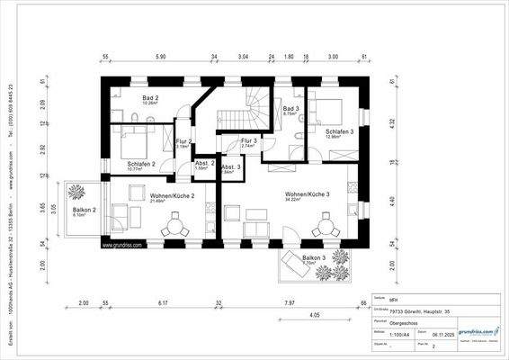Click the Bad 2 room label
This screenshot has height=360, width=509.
(150, 98)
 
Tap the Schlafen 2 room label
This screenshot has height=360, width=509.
(141, 164)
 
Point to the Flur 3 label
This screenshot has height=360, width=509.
(249, 141)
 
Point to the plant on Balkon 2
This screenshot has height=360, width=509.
(75, 190)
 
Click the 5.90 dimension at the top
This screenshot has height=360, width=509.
(161, 57)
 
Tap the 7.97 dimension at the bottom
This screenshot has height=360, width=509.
(289, 303)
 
